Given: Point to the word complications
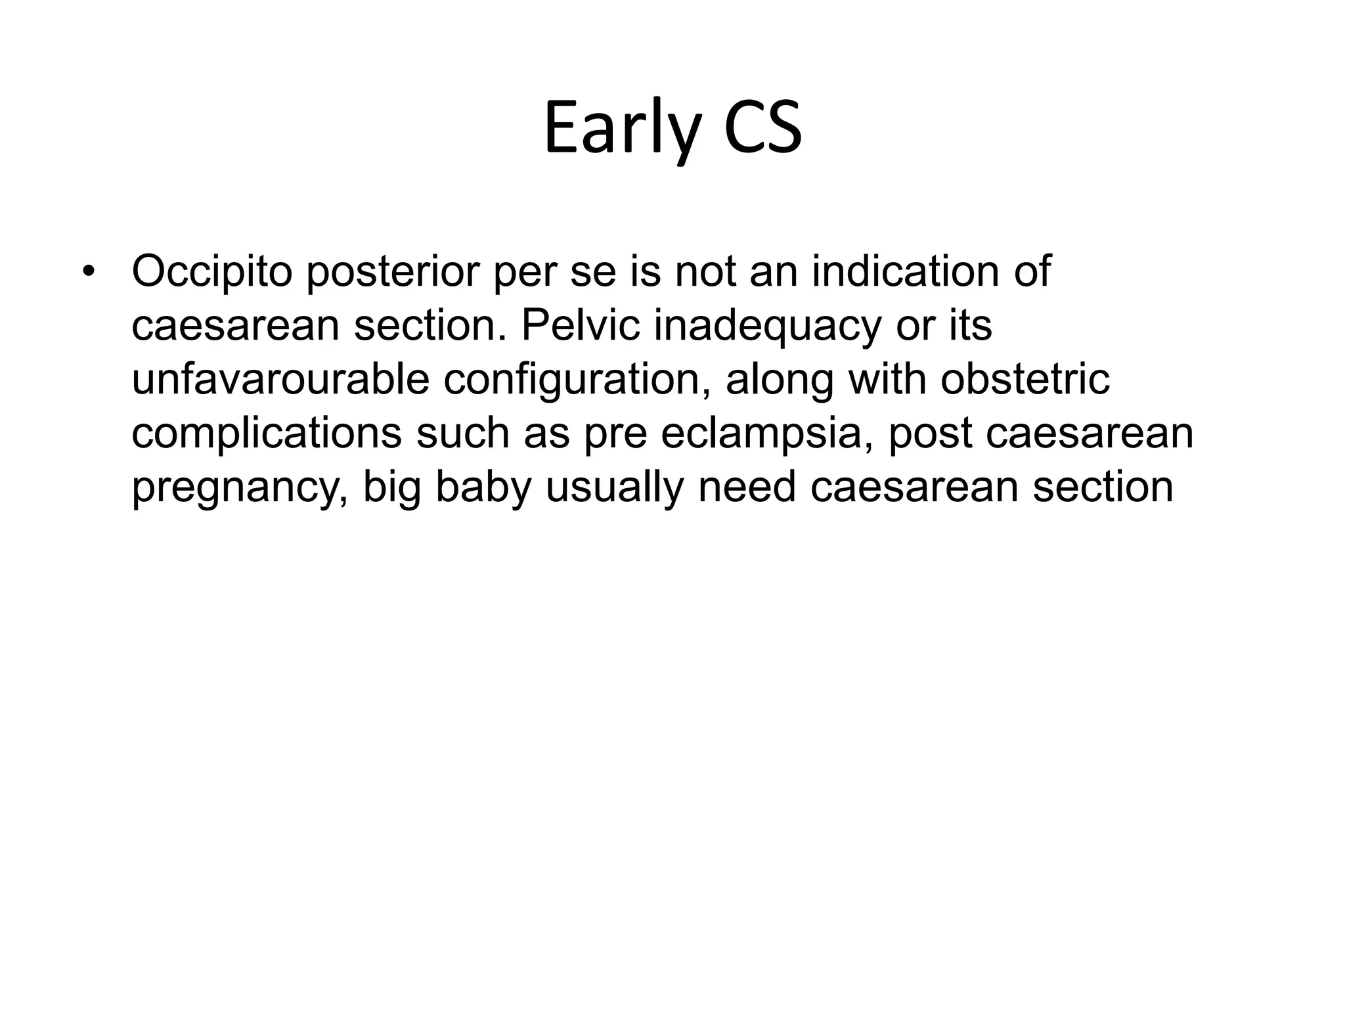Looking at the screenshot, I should pos(267,434).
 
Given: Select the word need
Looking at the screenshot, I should pos(747,487).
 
